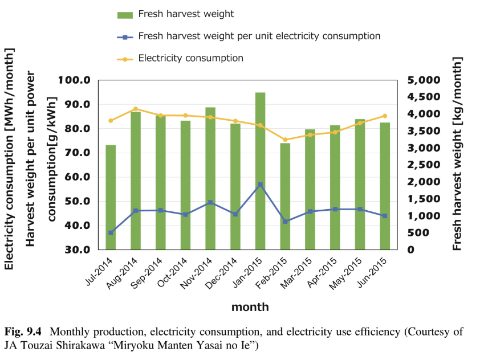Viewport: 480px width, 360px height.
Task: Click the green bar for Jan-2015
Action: [x=260, y=171]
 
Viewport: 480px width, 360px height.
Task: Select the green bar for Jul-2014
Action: [x=111, y=197]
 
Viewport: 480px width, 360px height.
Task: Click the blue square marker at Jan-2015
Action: [x=260, y=185]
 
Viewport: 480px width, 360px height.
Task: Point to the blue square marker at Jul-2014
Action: [x=111, y=232]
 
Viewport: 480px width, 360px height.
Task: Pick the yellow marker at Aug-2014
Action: [x=136, y=109]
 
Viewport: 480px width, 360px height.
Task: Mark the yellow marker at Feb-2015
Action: [x=285, y=140]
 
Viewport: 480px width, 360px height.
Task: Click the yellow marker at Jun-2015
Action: [x=385, y=116]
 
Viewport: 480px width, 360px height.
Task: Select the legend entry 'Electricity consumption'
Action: [x=190, y=58]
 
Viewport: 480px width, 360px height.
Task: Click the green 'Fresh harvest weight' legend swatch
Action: [x=125, y=14]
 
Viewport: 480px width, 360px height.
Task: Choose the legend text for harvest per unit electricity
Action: [x=259, y=36]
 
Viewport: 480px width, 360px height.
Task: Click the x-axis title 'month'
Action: [x=250, y=307]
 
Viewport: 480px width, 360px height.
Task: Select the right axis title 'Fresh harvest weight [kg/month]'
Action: [x=457, y=154]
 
